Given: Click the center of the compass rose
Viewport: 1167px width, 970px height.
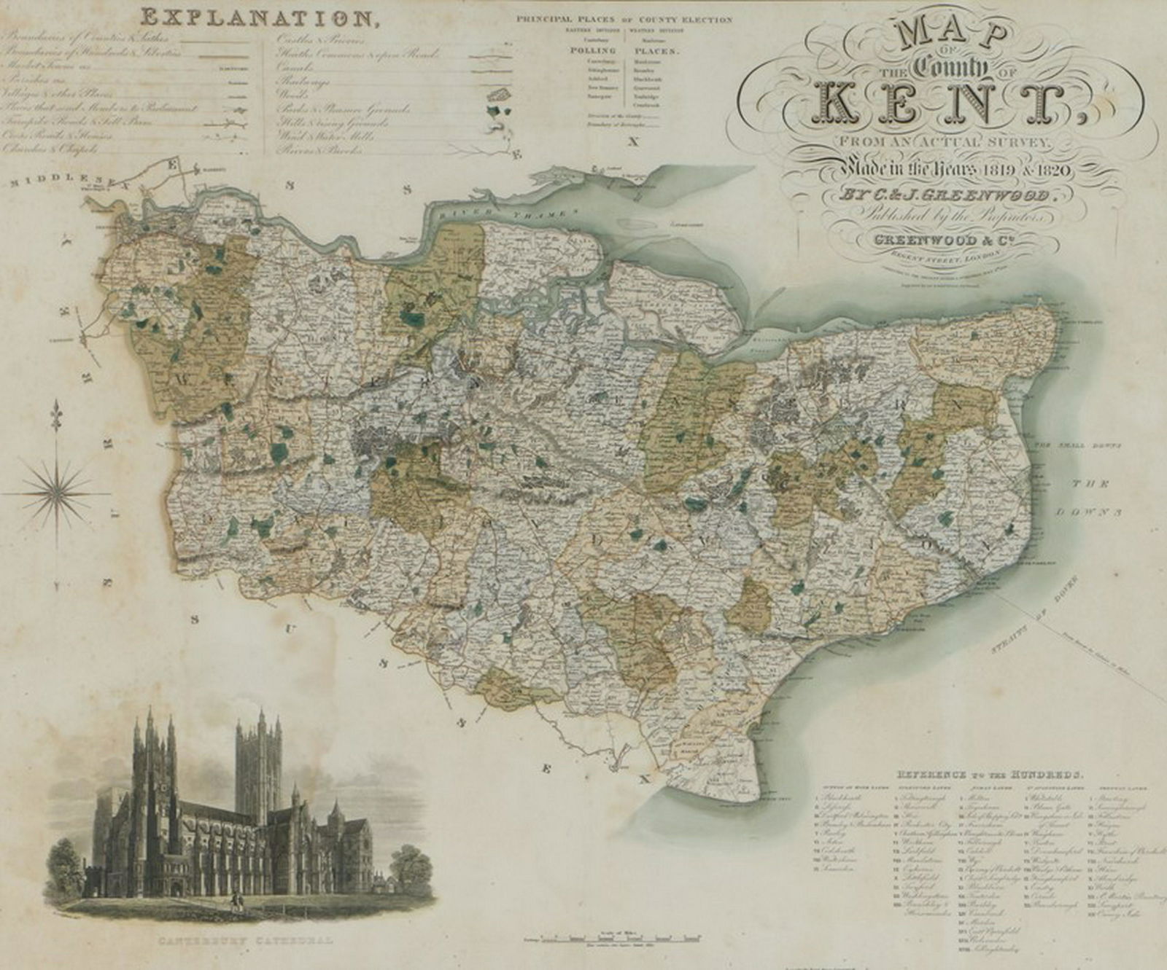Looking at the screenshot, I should (x=56, y=493).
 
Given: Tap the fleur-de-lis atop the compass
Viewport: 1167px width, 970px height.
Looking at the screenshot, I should (x=56, y=413).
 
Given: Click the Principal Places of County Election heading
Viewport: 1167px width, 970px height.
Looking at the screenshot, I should (x=624, y=21).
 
